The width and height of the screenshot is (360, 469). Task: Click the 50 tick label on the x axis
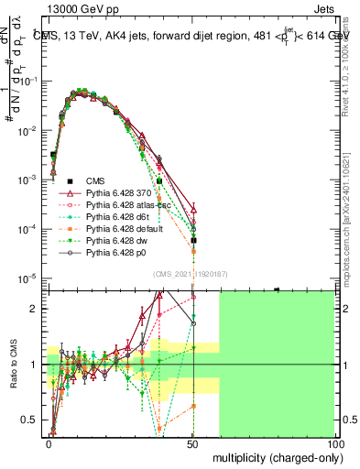coord(191,442)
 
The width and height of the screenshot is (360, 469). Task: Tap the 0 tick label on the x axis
coord(49,442)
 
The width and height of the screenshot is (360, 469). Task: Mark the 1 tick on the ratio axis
coord(37,365)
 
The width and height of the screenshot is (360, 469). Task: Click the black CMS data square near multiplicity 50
coord(193,241)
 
